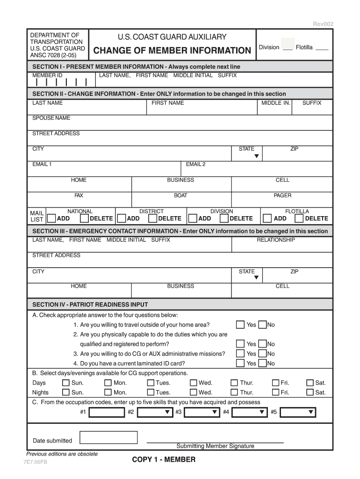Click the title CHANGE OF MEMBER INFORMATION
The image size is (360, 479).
point(173,51)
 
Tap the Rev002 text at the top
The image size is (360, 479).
point(323,24)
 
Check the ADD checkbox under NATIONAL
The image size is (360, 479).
point(52,218)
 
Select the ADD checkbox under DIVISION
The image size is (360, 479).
point(192,218)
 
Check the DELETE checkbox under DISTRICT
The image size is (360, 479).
point(152,218)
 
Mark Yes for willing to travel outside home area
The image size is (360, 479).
point(240,325)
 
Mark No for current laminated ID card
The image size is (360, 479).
point(262,363)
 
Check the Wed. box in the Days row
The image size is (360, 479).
point(193,383)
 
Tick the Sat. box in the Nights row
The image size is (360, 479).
point(310,392)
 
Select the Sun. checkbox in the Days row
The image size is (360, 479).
point(66,383)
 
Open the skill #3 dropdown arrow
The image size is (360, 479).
point(215,412)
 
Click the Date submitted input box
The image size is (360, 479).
point(108,437)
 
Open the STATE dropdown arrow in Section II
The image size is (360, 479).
point(256,156)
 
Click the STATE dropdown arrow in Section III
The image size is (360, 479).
point(256,278)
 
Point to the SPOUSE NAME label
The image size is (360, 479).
point(51,118)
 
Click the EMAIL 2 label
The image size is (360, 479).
point(195,164)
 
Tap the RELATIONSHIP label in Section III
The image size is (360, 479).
point(276,240)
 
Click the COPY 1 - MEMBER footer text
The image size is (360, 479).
point(164,460)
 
